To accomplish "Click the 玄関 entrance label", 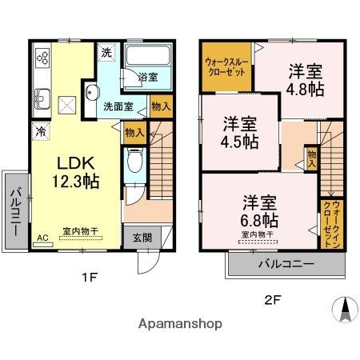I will pos(142,238).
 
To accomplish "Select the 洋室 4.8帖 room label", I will pos(306,79).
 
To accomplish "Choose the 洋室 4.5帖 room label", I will pos(240,132).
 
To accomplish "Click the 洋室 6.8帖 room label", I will pos(260,210).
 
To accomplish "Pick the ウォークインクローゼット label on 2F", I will pos(329,224).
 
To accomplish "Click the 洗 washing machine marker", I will pos(106,53).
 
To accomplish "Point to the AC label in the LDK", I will pos(42,238).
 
